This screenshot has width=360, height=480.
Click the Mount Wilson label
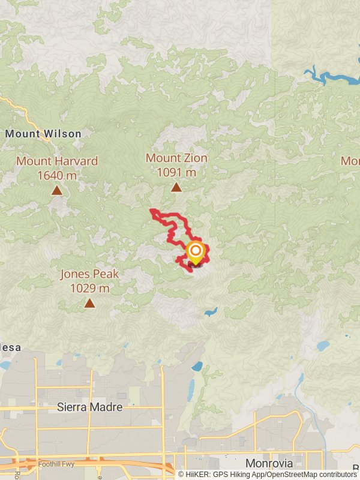[x=43, y=134]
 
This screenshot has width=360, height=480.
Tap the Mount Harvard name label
[x=57, y=161]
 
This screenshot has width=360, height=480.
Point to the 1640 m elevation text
[x=57, y=175]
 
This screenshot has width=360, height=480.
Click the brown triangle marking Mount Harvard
[x=57, y=191]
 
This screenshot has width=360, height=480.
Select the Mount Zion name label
[x=176, y=158]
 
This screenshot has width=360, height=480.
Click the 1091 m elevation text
[x=176, y=172]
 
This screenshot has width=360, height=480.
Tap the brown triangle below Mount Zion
[x=176, y=187]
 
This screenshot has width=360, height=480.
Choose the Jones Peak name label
[x=89, y=274]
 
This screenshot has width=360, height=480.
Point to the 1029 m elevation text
[x=89, y=289]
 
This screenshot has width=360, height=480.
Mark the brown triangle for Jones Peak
[x=89, y=304]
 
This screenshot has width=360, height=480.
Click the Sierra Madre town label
[x=89, y=407]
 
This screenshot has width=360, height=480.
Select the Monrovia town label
[x=269, y=463]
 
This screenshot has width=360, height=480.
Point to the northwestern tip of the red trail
[x=151, y=210]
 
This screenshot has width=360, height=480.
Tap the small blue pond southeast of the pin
[x=210, y=312]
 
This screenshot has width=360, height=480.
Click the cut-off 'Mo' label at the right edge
[x=350, y=161]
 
